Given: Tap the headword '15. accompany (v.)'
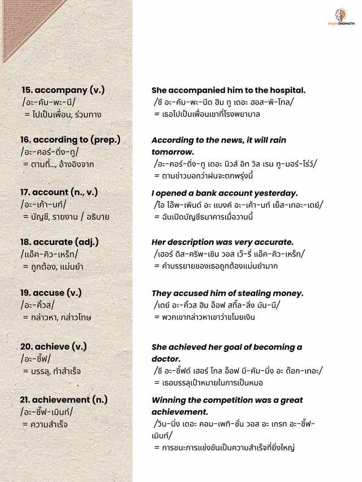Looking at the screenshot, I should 63,90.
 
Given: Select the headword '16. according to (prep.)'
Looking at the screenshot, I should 70,140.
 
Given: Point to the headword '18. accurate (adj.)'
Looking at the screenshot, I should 59,242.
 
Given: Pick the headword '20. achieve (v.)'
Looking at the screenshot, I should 54,346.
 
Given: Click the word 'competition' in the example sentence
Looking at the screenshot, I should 230,400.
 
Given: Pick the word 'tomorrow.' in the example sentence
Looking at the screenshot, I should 173,153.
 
